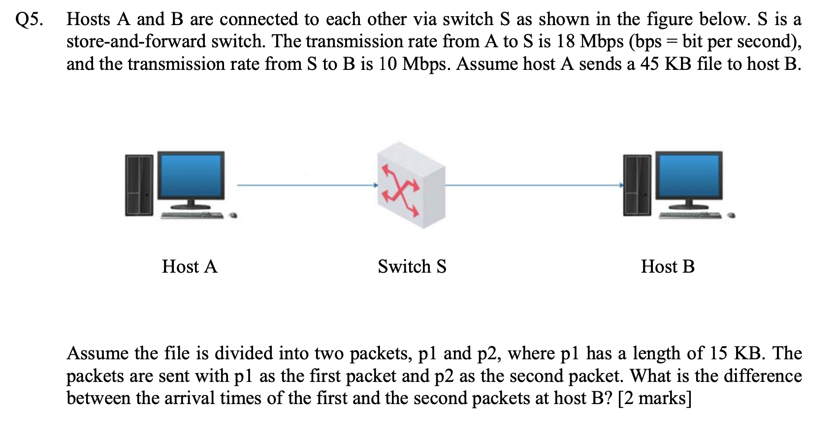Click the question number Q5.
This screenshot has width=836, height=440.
(29, 20)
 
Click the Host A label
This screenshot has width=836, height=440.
(190, 267)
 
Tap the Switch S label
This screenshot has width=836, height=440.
(412, 267)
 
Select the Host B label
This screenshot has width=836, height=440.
(668, 267)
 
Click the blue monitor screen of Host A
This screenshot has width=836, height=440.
(191, 175)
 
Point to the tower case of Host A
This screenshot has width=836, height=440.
(139, 185)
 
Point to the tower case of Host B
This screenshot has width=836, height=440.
(637, 185)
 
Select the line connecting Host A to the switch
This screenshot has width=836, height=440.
(305, 186)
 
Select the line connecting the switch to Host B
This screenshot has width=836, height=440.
(532, 186)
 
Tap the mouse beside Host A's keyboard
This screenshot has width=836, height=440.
(234, 215)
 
